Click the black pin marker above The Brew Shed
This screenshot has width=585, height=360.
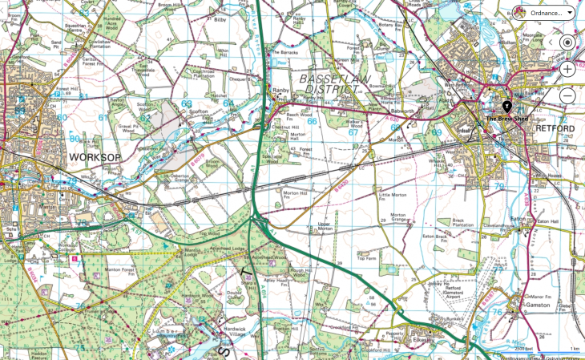click(506, 107)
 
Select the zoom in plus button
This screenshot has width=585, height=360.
click(567, 69)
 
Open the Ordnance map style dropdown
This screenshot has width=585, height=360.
click(544, 13)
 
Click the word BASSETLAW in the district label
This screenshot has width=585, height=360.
click(328, 79)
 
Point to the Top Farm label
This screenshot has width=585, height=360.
click(366, 258)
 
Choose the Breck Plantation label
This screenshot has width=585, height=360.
click(460, 223)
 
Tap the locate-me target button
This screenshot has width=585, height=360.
click(567, 42)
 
